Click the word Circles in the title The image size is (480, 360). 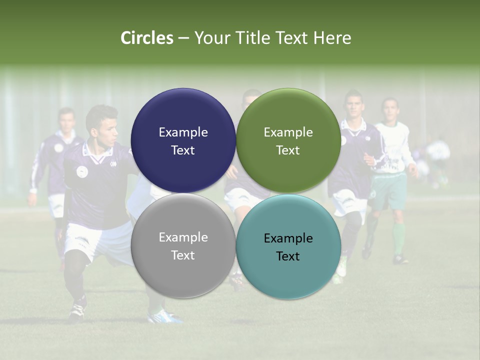pos(147,38)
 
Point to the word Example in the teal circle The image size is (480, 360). pos(288,238)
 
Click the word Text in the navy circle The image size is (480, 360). pos(183,150)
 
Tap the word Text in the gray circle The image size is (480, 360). pos(183,255)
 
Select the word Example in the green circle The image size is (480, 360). pos(288,132)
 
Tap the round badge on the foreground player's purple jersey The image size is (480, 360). pos(82,171)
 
